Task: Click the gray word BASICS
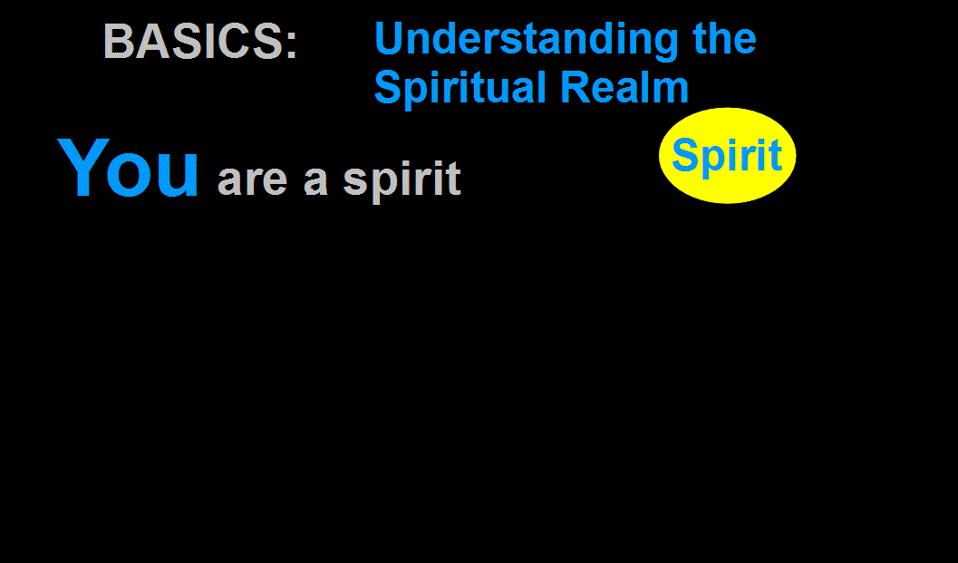(x=193, y=42)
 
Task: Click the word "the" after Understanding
(x=724, y=38)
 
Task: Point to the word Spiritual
(x=460, y=88)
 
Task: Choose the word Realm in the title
(x=624, y=87)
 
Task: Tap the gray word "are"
(x=252, y=180)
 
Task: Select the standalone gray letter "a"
(x=316, y=180)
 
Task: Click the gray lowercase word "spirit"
(x=402, y=180)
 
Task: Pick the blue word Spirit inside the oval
(x=727, y=156)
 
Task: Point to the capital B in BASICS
(x=119, y=42)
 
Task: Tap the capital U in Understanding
(x=390, y=38)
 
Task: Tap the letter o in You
(x=131, y=175)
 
